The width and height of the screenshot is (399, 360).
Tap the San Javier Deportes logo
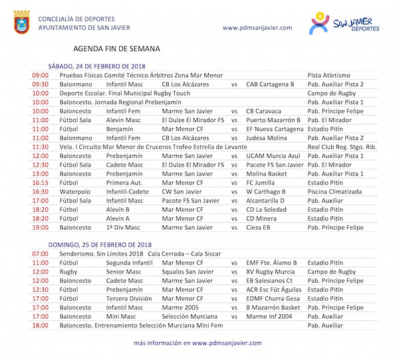tap(345, 23)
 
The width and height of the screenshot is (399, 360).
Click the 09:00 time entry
tap(40, 76)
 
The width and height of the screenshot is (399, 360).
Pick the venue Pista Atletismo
tap(329, 76)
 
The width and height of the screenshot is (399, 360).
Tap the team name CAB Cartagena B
tap(270, 84)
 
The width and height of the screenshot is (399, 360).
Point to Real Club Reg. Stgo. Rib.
tap(342, 147)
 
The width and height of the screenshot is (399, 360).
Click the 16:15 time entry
tap(40, 182)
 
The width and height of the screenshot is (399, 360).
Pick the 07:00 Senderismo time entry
tap(40, 254)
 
